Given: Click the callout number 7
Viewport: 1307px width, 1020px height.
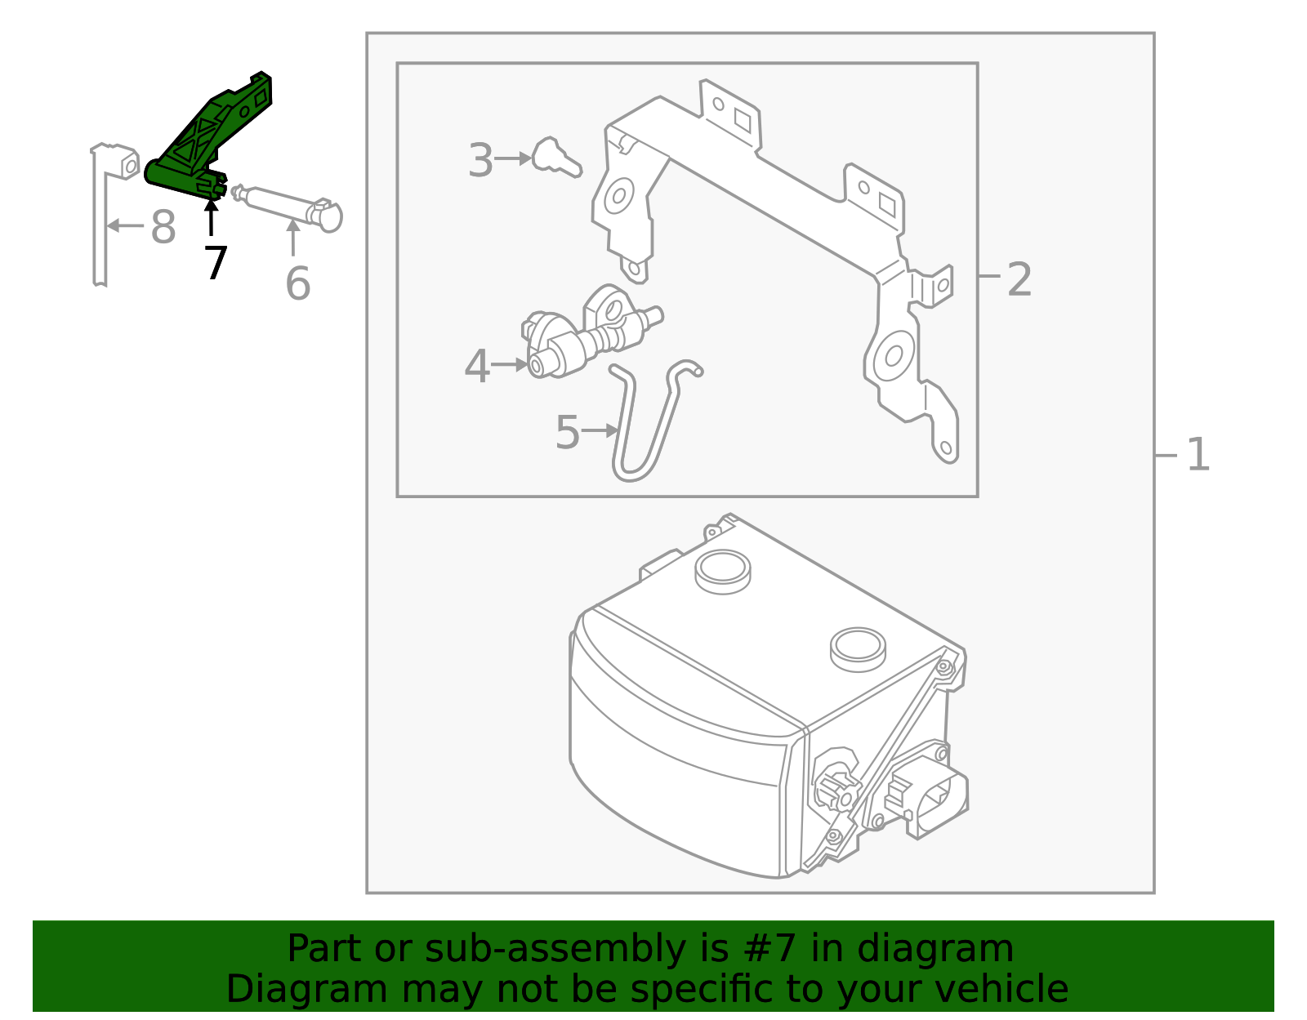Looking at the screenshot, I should (215, 264).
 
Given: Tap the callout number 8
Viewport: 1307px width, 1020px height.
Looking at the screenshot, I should (163, 227).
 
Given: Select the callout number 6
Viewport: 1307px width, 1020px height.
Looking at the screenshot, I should (297, 283).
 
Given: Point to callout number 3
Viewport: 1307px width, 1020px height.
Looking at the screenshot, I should (481, 161).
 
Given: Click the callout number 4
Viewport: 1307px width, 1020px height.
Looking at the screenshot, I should (477, 367).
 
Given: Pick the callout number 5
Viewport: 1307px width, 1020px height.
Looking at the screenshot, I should (567, 432).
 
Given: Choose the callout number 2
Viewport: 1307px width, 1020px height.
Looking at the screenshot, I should (1019, 279).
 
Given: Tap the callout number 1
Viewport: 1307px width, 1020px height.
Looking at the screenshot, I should (1197, 455).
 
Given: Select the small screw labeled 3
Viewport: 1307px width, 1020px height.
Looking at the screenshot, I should (555, 158).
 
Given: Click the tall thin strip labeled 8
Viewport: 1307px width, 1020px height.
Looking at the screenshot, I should (100, 220).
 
